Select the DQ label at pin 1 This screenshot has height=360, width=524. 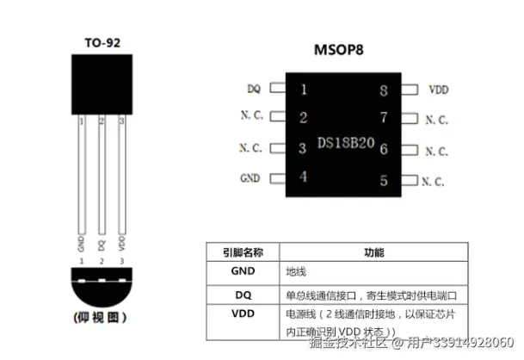click(x=254, y=89)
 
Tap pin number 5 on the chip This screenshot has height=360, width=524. click(x=384, y=182)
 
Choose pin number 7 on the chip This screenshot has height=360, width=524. click(x=384, y=118)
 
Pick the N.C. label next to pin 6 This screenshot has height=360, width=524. click(x=436, y=151)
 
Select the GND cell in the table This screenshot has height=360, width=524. click(x=244, y=270)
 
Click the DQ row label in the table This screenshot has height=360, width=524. click(x=244, y=294)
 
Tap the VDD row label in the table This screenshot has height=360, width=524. click(x=244, y=313)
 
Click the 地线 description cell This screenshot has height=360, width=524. click(x=297, y=270)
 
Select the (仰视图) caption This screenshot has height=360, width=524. click(x=100, y=318)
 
